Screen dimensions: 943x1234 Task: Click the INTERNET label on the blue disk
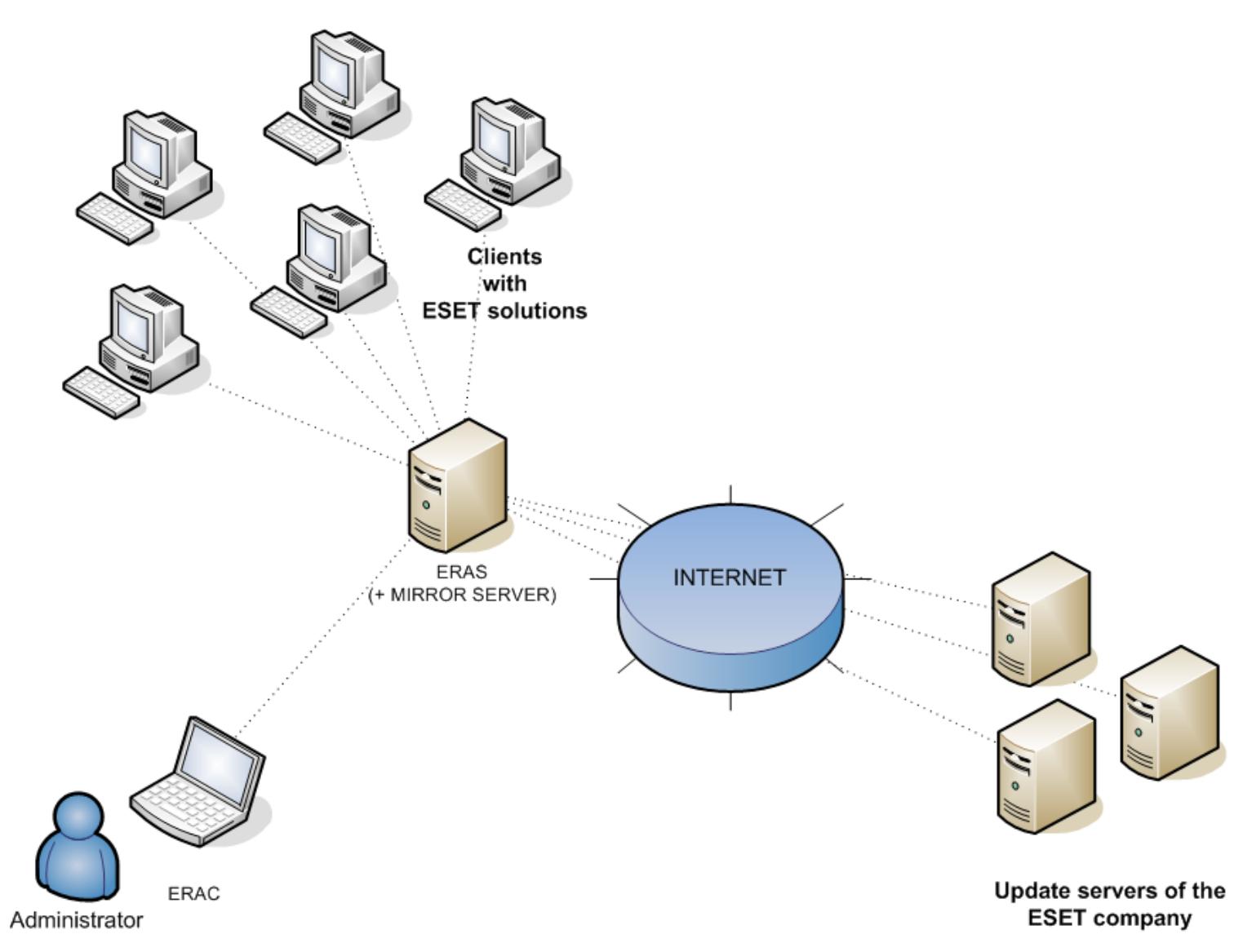coord(729,578)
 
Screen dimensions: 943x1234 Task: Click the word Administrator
coord(77,920)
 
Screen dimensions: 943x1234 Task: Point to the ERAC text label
coord(193,894)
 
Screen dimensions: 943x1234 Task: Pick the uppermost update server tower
coord(1041,620)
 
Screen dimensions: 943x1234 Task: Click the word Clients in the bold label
coord(504,256)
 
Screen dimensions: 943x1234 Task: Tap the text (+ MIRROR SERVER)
coord(462,595)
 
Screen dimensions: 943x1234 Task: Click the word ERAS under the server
coord(461,572)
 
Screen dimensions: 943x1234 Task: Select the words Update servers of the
coord(1109,891)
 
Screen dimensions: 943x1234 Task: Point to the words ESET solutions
coord(504,311)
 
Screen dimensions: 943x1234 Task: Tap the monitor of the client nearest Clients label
coord(498,135)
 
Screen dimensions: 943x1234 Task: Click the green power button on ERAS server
coord(426,506)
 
